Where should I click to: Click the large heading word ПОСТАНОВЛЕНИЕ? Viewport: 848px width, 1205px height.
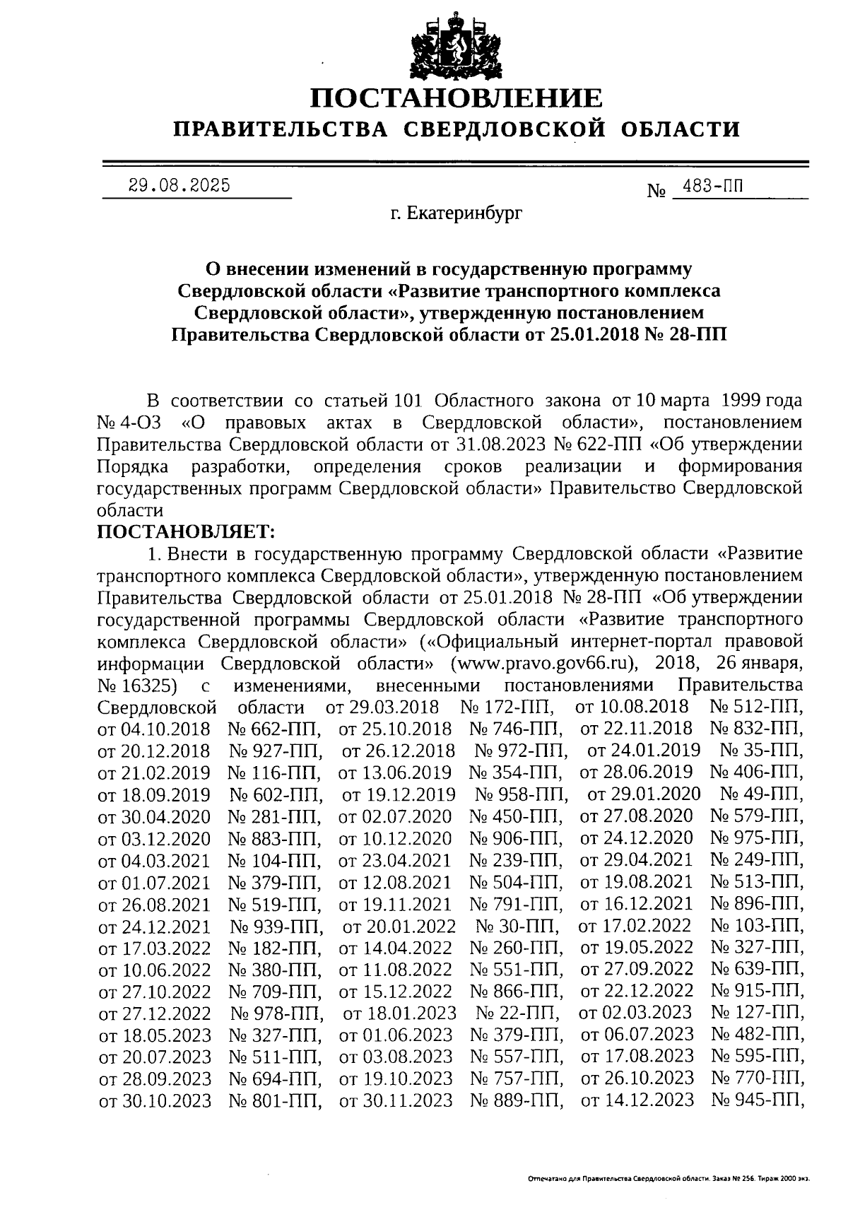457,98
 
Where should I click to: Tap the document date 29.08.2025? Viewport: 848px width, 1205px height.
179,186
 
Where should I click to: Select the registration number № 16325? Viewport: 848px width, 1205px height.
137,686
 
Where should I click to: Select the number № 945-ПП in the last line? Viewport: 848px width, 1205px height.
757,1100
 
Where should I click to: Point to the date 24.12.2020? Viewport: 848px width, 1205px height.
637,838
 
